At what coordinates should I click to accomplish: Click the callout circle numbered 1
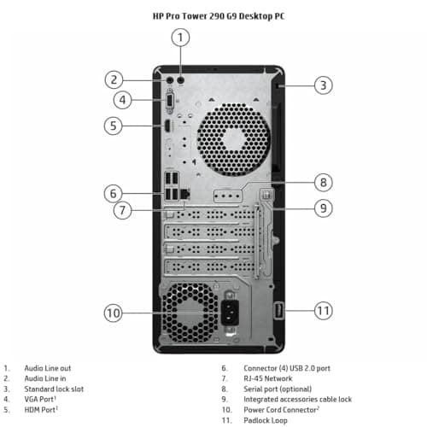click(180, 38)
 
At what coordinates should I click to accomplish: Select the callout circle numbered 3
click(324, 85)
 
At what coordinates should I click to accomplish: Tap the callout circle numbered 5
click(114, 126)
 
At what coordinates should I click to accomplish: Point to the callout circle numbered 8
click(324, 183)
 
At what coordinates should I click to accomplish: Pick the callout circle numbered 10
click(114, 313)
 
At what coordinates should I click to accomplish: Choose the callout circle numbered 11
click(324, 311)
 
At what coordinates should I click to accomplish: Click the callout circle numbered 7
click(122, 210)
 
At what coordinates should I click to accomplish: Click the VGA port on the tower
click(169, 102)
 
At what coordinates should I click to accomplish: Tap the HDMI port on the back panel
click(167, 126)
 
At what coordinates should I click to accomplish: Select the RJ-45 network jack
click(185, 194)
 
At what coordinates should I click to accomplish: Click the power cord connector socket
click(230, 313)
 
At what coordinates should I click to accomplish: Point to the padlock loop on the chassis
click(278, 311)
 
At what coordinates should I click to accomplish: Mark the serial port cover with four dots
click(228, 196)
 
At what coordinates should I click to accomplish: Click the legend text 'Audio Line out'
click(48, 368)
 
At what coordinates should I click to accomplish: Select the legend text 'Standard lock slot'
click(54, 389)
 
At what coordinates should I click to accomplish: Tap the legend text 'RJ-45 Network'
click(268, 378)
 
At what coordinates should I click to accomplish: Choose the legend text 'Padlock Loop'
click(266, 420)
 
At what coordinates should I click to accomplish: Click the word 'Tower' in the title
click(195, 16)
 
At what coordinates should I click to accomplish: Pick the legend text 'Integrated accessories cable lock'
click(297, 400)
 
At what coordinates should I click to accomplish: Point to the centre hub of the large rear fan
click(234, 139)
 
